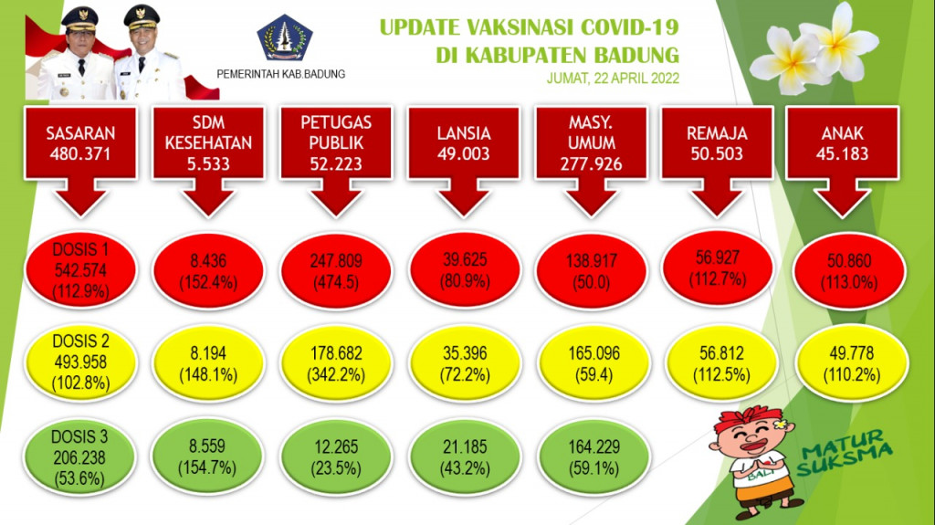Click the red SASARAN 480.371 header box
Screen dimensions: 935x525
coord(80,142)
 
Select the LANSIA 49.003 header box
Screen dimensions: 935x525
coord(463,142)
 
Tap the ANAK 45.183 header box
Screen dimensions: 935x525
coord(842,142)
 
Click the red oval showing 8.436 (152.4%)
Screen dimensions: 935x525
coord(208,271)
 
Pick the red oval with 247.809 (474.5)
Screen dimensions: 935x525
coord(336,271)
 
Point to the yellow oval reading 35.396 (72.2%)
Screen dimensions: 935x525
coord(465,364)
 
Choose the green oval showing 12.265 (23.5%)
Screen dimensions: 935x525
coord(336,457)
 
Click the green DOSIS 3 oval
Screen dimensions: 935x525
coord(79,457)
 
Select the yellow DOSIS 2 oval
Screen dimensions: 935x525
coord(80,362)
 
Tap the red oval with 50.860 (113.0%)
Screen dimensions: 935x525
coord(849,271)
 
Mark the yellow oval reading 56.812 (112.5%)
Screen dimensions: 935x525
coord(721,364)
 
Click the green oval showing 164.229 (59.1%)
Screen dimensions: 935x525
coord(594,457)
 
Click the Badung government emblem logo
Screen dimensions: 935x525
coord(285,37)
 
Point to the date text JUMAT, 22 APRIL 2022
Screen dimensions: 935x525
coord(613,79)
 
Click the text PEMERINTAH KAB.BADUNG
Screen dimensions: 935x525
coord(281,74)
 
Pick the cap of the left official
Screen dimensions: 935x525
coord(79,18)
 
